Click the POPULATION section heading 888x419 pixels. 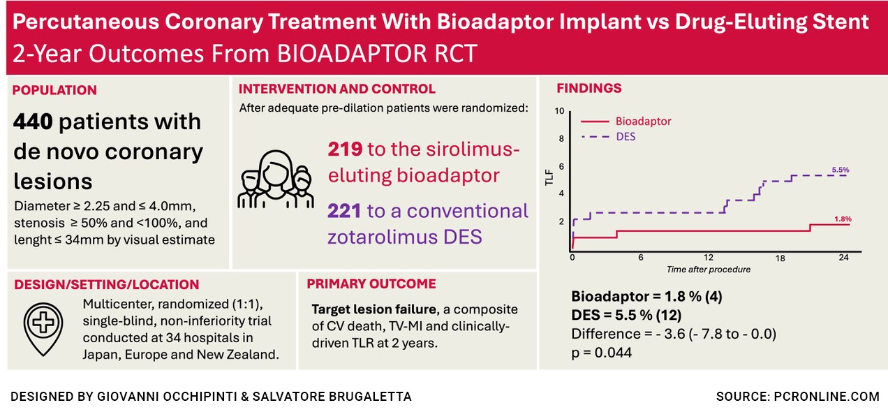(x=54, y=90)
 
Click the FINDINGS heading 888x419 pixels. (x=589, y=89)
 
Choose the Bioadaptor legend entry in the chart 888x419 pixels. (x=643, y=121)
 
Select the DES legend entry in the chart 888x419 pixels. (x=626, y=137)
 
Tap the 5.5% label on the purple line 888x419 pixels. (x=841, y=170)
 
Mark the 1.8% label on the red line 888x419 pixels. (x=843, y=219)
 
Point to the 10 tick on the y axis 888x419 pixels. (x=558, y=111)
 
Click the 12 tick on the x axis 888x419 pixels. (x=709, y=258)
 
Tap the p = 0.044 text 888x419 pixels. (x=602, y=353)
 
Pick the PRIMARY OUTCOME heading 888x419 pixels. (x=371, y=284)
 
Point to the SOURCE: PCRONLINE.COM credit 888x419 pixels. (x=797, y=397)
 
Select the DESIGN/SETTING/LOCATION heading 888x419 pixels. (x=106, y=284)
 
